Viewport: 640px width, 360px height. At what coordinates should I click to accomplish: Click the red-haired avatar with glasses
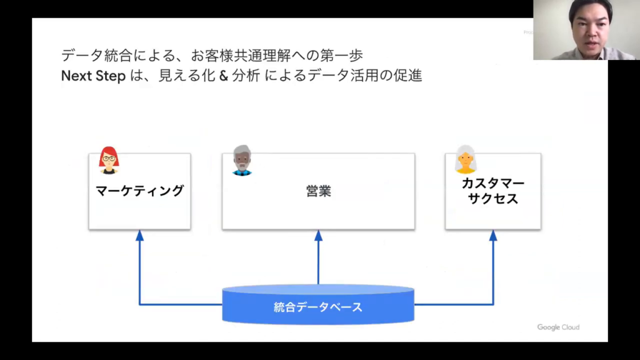click(x=109, y=160)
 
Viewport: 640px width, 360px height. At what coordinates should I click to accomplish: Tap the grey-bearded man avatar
click(x=242, y=160)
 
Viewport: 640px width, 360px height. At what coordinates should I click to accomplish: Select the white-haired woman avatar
click(x=465, y=159)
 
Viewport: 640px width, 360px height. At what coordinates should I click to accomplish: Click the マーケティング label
click(x=139, y=191)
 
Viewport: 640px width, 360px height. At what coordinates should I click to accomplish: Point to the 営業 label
click(x=318, y=191)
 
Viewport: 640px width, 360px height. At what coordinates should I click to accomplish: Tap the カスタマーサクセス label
click(x=492, y=191)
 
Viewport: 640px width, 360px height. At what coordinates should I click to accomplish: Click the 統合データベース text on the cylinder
click(x=318, y=307)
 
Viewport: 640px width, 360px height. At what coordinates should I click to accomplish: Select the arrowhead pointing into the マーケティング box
click(x=139, y=236)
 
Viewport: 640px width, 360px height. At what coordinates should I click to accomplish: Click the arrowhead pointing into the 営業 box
click(x=318, y=236)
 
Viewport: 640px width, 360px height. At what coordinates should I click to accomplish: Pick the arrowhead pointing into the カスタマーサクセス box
click(x=492, y=236)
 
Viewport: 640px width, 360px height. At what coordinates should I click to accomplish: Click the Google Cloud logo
click(x=558, y=327)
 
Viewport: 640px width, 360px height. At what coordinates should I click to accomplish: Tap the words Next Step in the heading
click(x=93, y=76)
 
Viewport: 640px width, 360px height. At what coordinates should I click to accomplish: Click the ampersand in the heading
click(x=223, y=76)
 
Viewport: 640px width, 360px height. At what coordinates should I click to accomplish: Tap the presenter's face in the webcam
click(x=589, y=27)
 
